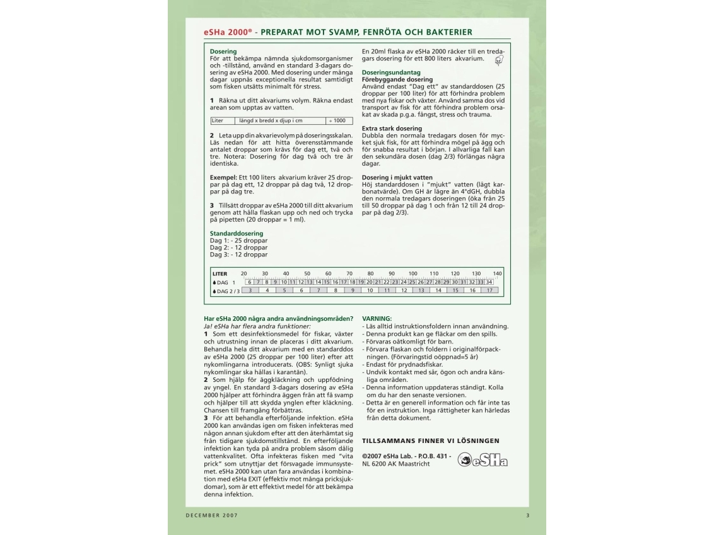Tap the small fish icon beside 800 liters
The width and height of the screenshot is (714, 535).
[499, 60]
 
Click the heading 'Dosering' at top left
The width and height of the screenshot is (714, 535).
[223, 52]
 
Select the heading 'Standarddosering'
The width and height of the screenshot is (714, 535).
[237, 233]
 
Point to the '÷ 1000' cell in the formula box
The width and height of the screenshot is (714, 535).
[339, 120]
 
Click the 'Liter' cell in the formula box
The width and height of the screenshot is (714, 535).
[218, 120]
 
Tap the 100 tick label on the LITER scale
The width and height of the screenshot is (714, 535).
[413, 273]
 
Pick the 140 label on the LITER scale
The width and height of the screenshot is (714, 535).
[497, 273]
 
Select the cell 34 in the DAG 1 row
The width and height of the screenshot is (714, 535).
[489, 282]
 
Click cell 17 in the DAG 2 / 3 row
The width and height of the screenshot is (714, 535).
[489, 291]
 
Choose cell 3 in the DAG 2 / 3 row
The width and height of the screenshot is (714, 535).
[250, 291]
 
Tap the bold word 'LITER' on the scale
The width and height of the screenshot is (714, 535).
[219, 273]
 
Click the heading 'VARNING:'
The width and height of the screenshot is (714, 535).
[377, 319]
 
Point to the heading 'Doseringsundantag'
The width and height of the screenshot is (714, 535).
[391, 72]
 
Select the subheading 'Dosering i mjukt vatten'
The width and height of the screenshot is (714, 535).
[397, 178]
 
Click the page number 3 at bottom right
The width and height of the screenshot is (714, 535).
[527, 515]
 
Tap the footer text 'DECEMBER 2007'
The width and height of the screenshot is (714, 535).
[211, 515]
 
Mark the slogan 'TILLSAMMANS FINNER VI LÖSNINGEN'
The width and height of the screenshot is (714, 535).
[430, 440]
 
